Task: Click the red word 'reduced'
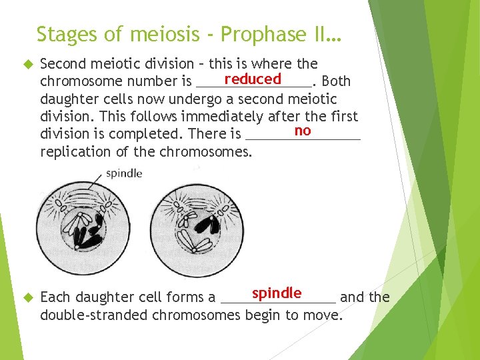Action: pos(253,79)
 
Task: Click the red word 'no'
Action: pos(303,130)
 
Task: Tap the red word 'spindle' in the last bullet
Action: pos(277,293)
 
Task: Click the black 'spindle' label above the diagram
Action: pos(124,173)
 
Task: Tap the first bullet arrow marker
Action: pos(27,64)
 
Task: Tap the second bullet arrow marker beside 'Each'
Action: pos(27,297)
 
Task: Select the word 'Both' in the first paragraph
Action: pos(336,81)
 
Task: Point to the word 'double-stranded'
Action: pos(94,315)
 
